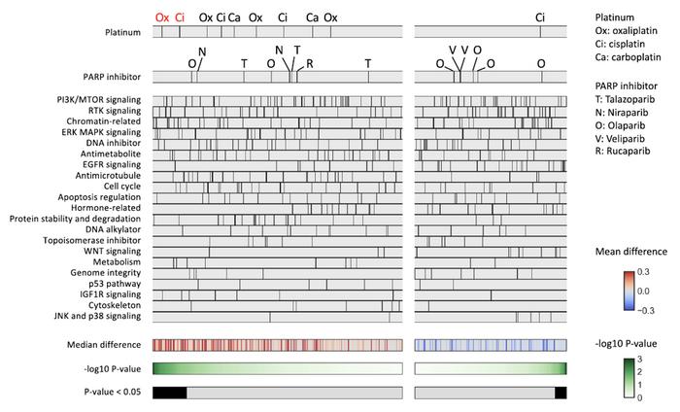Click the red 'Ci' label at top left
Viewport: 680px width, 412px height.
[x=180, y=17]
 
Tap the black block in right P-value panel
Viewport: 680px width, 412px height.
[x=560, y=392]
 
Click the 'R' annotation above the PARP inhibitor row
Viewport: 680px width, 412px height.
[x=310, y=63]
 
